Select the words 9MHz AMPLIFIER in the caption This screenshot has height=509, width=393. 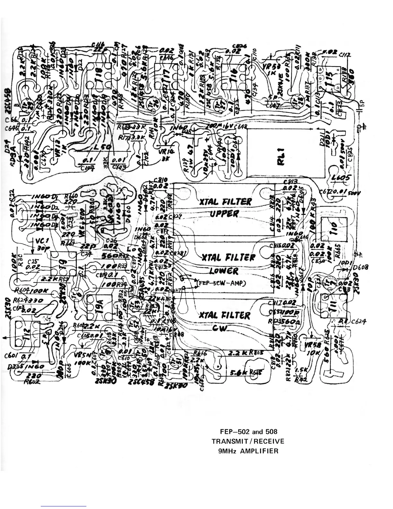(248, 451)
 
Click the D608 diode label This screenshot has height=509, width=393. (360, 267)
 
